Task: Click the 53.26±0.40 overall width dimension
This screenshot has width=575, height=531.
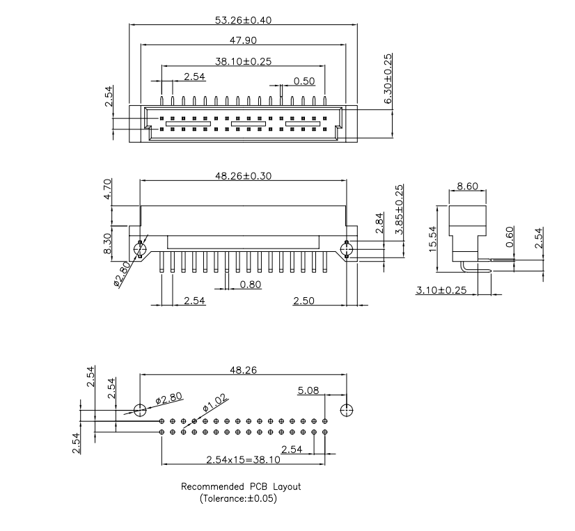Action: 243,19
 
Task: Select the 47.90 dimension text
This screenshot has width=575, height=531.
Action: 243,40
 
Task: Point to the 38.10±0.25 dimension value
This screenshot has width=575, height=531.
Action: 243,61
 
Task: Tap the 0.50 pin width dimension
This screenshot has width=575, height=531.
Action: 304,81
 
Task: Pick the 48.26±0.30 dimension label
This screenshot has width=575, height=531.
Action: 243,176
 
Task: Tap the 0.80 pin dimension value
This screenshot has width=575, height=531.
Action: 251,284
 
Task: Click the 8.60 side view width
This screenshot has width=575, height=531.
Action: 466,187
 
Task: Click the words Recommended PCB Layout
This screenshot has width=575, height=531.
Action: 241,486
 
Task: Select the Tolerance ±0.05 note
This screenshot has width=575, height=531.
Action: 242,498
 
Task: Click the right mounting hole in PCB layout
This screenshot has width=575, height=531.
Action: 346,409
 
